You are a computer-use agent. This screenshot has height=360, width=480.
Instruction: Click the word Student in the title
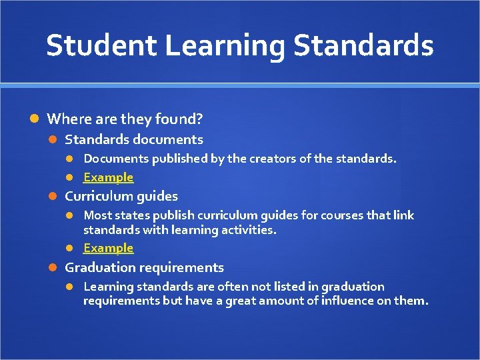click(100, 45)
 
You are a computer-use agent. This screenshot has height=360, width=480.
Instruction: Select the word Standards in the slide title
click(364, 45)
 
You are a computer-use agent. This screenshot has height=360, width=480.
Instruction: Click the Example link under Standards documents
click(108, 177)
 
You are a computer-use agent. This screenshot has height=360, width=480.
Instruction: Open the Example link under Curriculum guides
click(108, 248)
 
